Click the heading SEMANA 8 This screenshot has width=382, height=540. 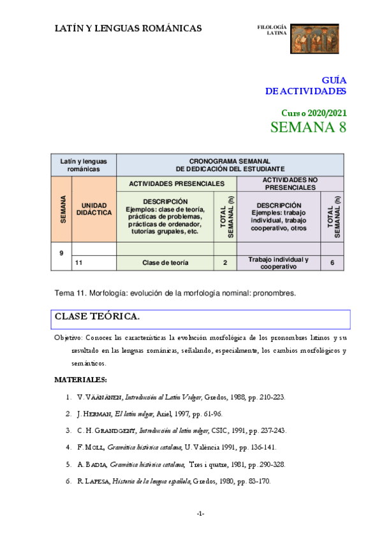click(308, 127)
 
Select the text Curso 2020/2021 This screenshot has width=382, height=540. click(314, 111)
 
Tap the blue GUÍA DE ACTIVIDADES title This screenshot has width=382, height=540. click(306, 85)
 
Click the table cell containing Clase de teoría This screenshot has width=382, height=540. click(165, 262)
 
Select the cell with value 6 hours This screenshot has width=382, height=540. click(332, 262)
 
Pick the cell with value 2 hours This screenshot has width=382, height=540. click(225, 262)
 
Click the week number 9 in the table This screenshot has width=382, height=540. click(61, 253)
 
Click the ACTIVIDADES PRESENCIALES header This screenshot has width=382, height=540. click(176, 183)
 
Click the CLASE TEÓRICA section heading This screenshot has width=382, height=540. click(97, 316)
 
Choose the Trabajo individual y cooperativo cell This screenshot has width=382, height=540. click(278, 262)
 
